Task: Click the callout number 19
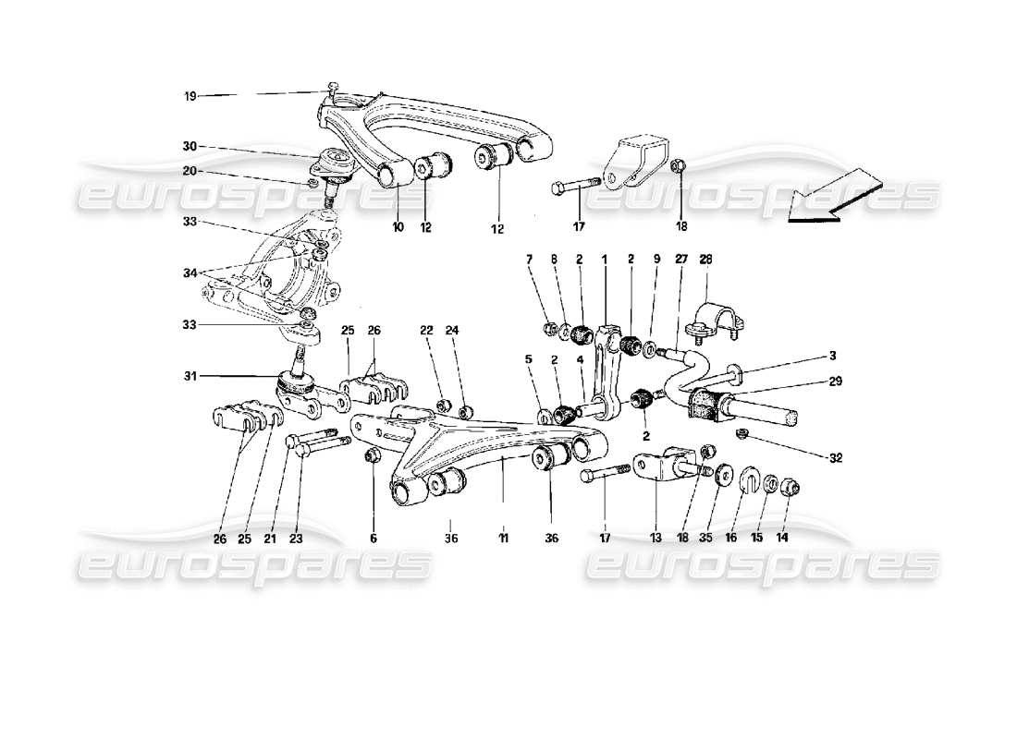190,95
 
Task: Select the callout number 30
190,146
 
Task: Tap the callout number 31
190,376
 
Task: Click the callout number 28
707,261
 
